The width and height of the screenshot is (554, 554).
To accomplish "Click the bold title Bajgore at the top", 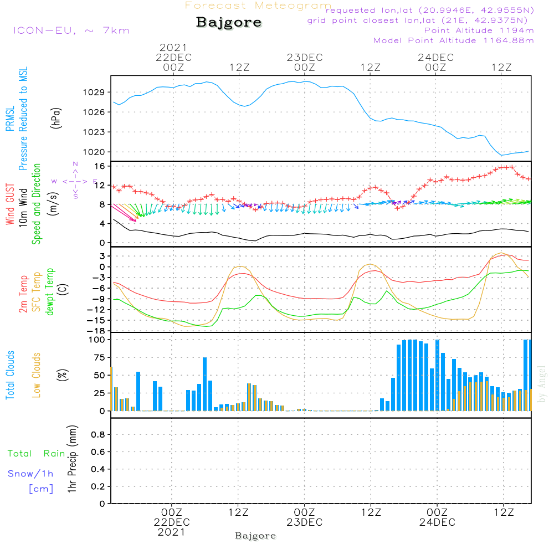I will tap(229, 23).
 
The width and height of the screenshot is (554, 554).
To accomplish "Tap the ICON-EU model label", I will tap(71, 30).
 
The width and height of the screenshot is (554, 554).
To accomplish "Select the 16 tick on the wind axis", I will tap(100, 166).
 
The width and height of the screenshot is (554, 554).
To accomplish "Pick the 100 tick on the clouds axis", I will tap(98, 339).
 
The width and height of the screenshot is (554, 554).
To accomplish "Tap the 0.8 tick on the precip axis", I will tap(99, 435).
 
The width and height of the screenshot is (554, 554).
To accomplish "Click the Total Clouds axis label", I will tap(10, 375).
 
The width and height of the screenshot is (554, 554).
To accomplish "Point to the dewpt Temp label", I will tap(50, 292).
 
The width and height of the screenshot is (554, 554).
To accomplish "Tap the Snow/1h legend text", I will tap(30, 474).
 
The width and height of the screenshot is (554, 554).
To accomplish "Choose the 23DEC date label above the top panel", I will tap(304, 57).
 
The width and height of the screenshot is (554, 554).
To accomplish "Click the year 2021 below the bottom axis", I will tap(172, 532).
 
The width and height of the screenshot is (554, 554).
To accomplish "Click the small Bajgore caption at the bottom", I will tap(255, 536).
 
